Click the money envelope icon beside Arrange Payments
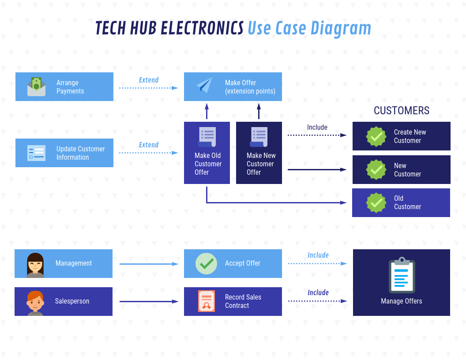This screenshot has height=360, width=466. point(36,86)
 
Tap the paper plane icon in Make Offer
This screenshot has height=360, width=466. point(204,85)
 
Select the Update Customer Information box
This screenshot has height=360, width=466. point(64,153)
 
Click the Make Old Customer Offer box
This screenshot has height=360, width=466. point(207,153)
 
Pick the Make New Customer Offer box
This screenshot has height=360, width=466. point(259,153)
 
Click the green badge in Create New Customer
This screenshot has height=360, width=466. point(376,136)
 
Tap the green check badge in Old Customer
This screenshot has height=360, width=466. point(376,202)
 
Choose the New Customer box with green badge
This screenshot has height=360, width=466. point(401,169)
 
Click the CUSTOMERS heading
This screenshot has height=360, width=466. point(401,110)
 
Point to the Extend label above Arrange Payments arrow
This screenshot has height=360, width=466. point(149,80)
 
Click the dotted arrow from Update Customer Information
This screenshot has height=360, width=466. point(148,153)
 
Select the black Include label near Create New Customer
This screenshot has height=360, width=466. point(317,127)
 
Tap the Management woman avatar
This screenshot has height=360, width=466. point(35,264)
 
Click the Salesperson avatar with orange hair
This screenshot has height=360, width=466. point(35,302)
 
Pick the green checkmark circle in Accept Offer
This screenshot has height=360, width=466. point(206,263)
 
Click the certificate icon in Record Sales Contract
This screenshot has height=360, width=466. point(206,301)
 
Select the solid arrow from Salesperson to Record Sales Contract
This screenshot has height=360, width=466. point(149,302)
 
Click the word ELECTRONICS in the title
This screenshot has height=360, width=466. point(202,28)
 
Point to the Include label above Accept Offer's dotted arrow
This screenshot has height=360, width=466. point(318,255)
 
